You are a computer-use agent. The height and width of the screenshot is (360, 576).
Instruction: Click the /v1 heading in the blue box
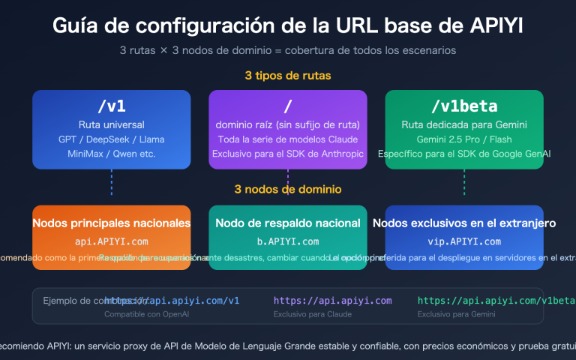[x=111, y=106]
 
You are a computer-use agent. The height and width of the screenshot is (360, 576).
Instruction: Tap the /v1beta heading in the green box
[x=464, y=106]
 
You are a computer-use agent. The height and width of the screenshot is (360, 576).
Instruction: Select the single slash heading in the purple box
[x=288, y=106]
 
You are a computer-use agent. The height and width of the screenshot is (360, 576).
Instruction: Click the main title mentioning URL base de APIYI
[x=288, y=25]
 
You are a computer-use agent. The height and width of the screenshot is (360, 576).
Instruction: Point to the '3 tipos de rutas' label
[x=288, y=76]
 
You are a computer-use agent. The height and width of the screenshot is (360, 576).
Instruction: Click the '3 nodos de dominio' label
[x=288, y=189]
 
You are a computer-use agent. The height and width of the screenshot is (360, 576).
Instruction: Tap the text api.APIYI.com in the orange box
[x=111, y=241]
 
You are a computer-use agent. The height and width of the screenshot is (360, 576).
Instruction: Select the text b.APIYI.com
[x=288, y=241]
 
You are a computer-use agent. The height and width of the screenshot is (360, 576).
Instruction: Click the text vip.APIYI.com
[x=464, y=241]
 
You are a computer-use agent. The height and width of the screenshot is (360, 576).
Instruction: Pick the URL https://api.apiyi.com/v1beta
[x=480, y=301]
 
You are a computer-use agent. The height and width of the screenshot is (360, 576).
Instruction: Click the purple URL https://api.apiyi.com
[x=332, y=301]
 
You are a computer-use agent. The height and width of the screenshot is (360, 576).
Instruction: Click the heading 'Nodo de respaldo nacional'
[x=288, y=223]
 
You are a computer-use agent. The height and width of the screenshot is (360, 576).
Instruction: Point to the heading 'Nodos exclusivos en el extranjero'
[x=464, y=223]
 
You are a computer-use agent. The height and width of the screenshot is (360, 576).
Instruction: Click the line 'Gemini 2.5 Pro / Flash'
[x=464, y=139]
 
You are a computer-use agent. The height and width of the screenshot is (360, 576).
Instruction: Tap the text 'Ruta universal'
[x=111, y=125]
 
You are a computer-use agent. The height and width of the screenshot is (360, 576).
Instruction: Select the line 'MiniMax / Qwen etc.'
[x=111, y=154]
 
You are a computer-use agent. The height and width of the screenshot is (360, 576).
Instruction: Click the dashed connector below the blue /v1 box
[x=111, y=181]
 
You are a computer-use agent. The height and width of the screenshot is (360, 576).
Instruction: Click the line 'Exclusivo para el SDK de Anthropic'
[x=288, y=154]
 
